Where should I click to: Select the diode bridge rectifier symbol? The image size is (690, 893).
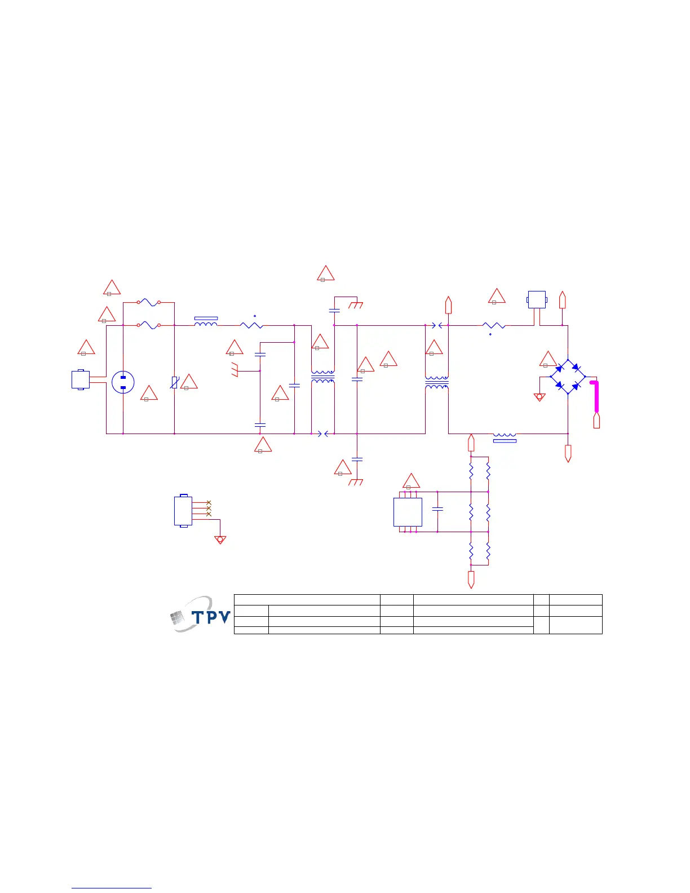[x=568, y=377]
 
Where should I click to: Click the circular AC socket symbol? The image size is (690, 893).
[x=123, y=382]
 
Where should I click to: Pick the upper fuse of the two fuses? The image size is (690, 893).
[x=149, y=303]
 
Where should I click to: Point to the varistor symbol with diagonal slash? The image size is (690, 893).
[x=175, y=382]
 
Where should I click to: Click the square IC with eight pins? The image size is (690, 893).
[x=408, y=512]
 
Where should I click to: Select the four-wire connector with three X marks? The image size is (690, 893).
[x=183, y=511]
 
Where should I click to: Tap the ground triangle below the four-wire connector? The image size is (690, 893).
[x=220, y=540]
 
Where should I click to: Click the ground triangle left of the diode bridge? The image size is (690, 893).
[x=539, y=397]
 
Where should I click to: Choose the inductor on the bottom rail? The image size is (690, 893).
[x=505, y=436]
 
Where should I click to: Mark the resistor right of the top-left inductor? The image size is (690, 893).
[x=251, y=325]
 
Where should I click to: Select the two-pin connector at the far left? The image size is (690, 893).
[x=81, y=379]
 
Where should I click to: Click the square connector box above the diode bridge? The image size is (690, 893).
[x=537, y=299]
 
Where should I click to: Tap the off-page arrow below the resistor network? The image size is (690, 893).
[x=471, y=579]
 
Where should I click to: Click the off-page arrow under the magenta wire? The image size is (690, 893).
[x=596, y=421]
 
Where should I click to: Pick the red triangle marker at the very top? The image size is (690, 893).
[x=326, y=273]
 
